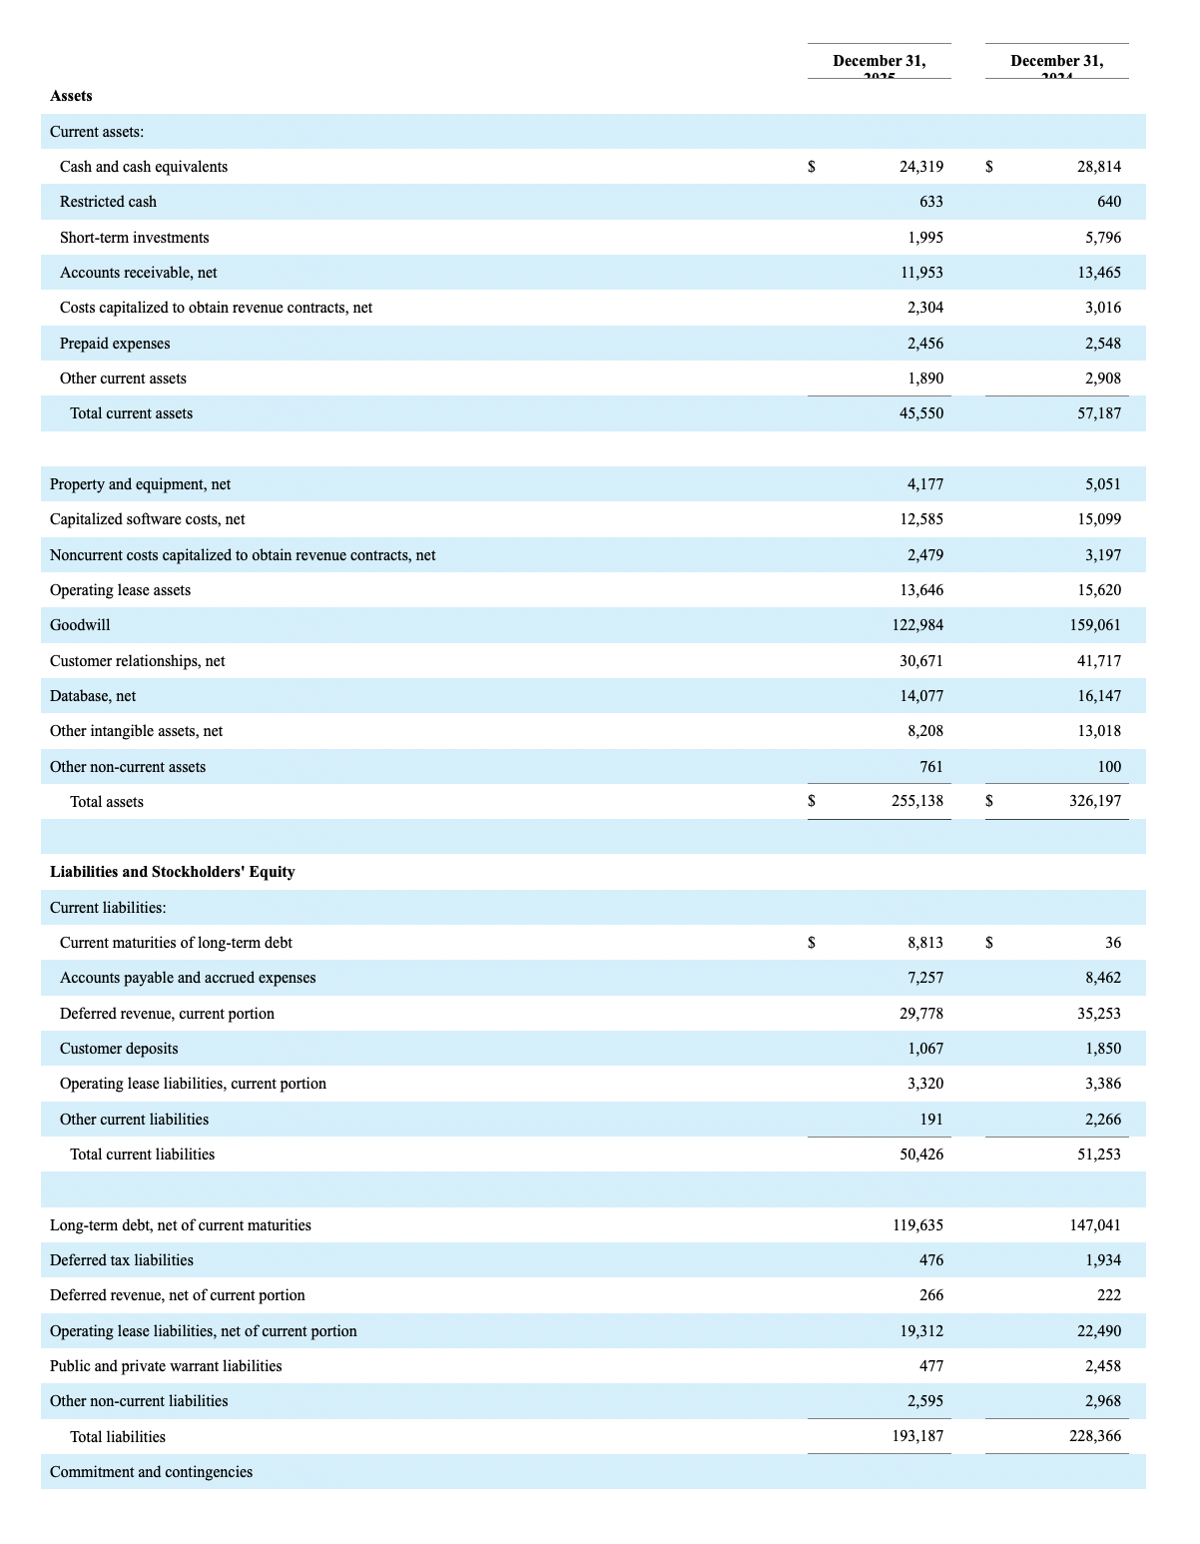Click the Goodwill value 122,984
click(916, 625)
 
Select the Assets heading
click(71, 96)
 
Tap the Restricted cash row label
click(108, 202)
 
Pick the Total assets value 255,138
click(916, 801)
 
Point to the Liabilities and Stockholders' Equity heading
click(172, 872)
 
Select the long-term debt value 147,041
click(1094, 1225)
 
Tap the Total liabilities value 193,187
click(916, 1437)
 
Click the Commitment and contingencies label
click(151, 1472)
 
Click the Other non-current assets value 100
click(1108, 767)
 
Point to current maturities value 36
click(1112, 943)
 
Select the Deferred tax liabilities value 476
click(930, 1260)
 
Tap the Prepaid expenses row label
click(115, 344)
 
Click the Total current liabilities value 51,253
click(1098, 1155)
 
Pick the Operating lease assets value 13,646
click(920, 590)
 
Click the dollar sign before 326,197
click(989, 801)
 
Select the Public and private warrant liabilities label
click(166, 1366)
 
